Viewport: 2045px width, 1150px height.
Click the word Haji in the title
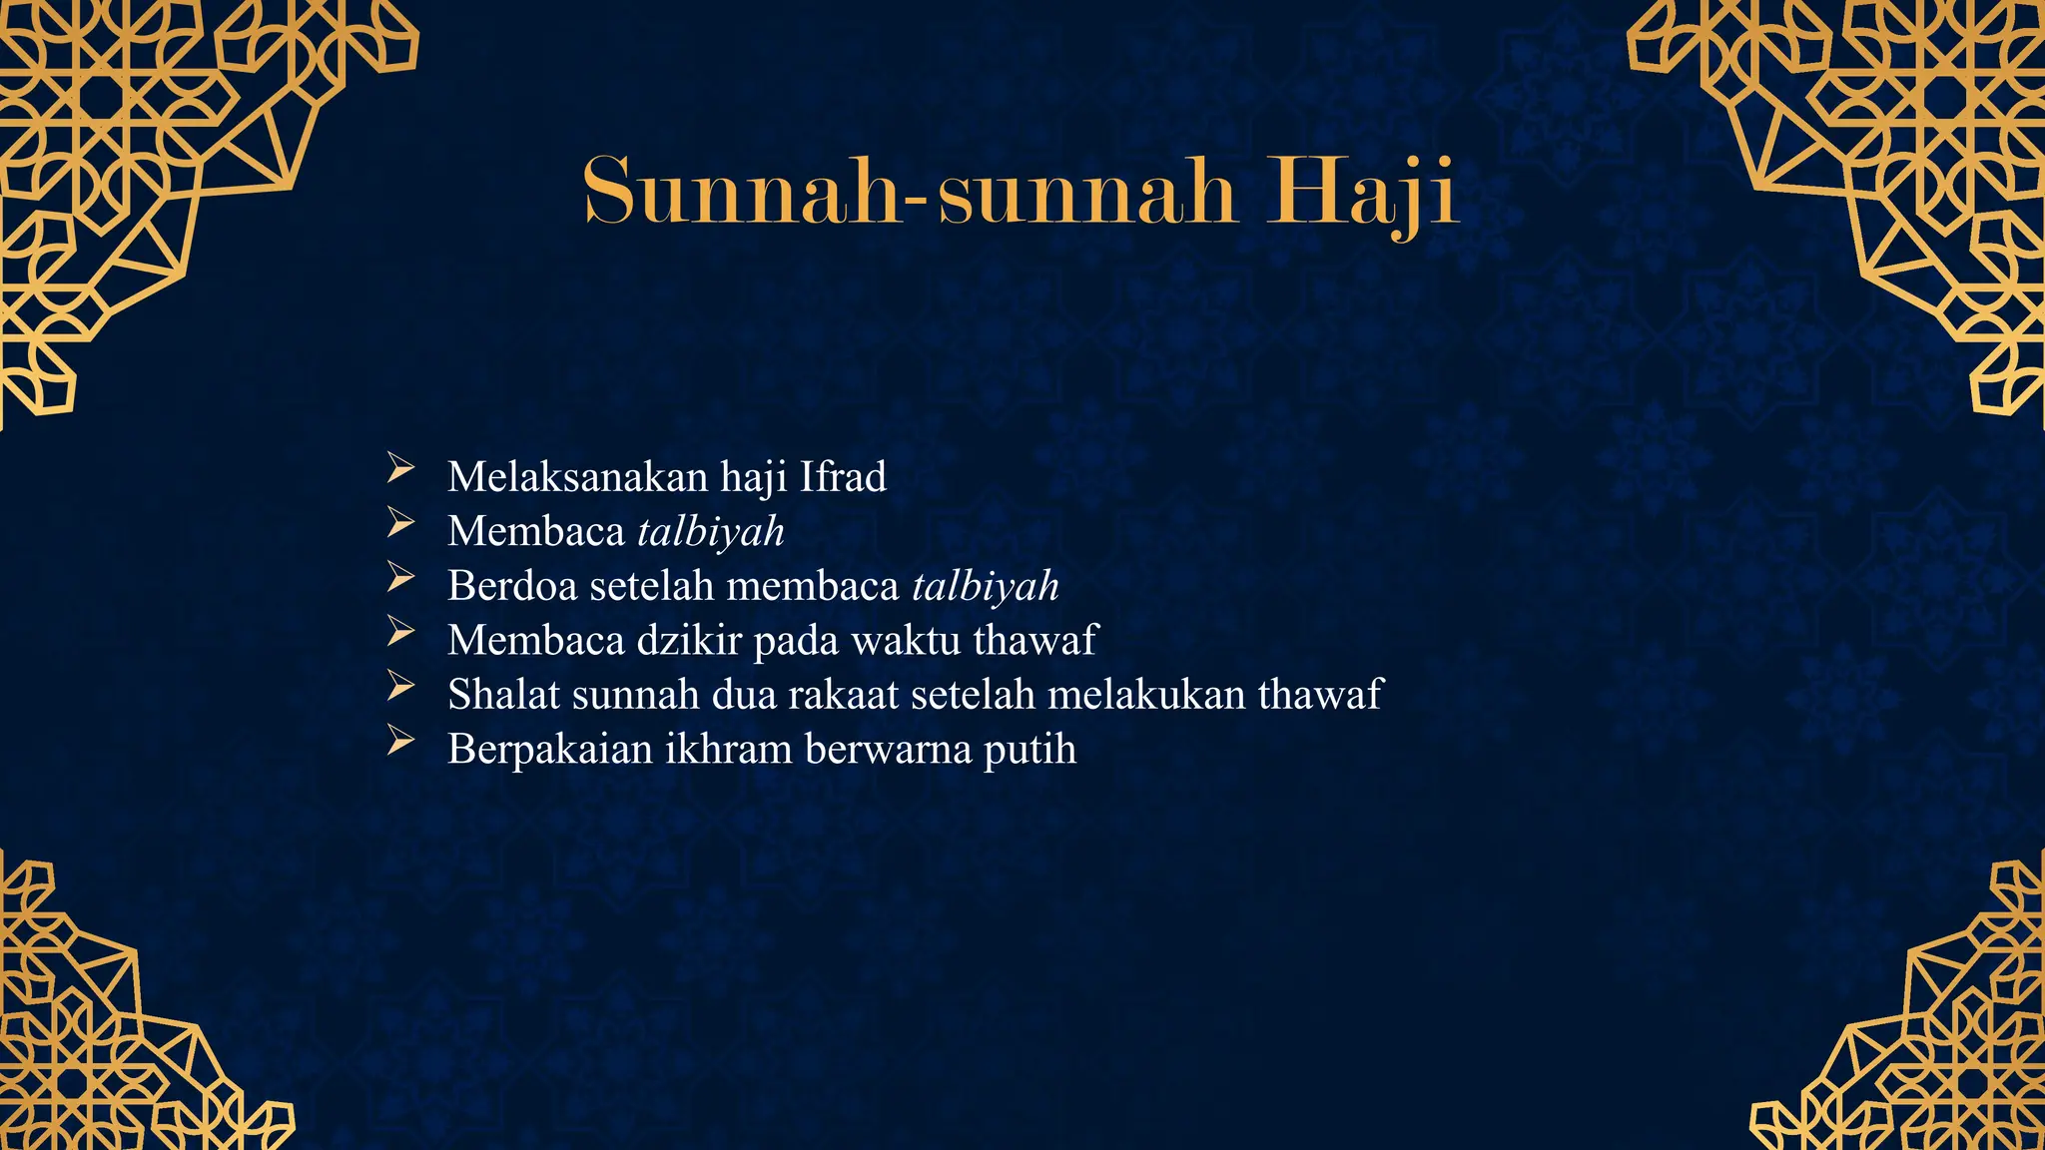[1362, 191]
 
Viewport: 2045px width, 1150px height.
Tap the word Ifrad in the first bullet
[843, 477]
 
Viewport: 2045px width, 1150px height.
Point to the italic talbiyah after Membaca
[711, 532]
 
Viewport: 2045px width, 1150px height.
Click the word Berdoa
[512, 586]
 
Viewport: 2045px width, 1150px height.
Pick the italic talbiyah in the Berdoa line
[986, 586]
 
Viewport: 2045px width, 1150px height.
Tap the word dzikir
[688, 640]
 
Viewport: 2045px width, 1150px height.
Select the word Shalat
[504, 695]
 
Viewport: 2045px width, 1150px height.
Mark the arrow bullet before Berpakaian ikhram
[400, 740]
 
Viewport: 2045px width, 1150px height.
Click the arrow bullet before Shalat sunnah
[400, 685]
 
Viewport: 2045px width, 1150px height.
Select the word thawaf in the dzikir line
[1034, 640]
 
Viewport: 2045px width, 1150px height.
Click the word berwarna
[888, 749]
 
